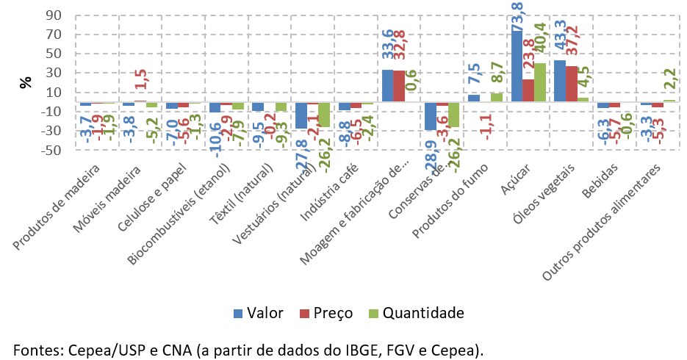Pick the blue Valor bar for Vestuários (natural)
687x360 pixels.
pyautogui.click(x=301, y=115)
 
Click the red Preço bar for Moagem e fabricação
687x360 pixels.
pyautogui.click(x=398, y=85)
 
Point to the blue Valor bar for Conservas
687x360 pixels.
pyautogui.click(x=431, y=116)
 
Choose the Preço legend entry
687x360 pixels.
pyautogui.click(x=325, y=314)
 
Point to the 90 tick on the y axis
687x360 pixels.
pyautogui.click(x=53, y=15)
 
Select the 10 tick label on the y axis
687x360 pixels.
pyautogui.click(x=53, y=93)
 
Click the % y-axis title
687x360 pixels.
pyautogui.click(x=26, y=82)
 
